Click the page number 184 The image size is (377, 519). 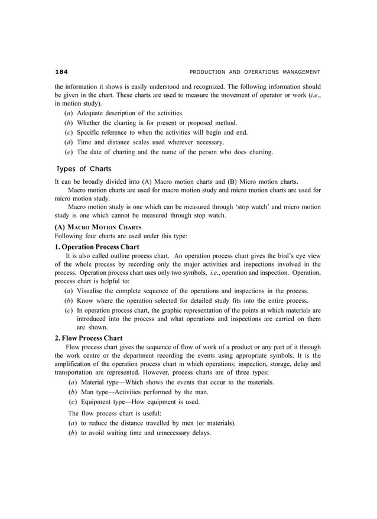coord(61,72)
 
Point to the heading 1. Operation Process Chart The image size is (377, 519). coord(97,246)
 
